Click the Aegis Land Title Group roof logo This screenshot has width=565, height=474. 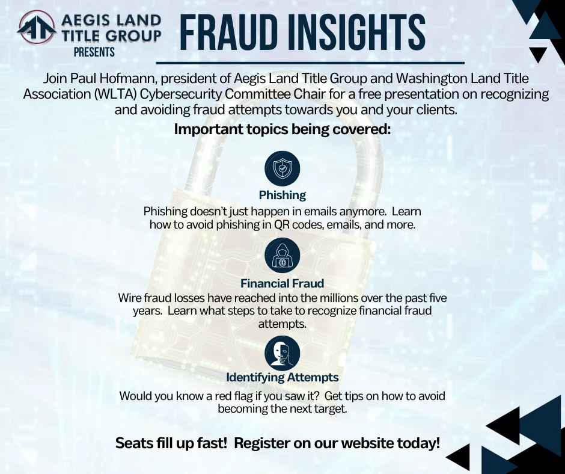click(37, 28)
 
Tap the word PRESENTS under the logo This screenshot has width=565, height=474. click(94, 52)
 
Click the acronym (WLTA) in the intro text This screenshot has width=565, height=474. click(115, 94)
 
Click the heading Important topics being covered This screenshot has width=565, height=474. click(282, 129)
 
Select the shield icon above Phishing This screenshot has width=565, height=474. click(282, 168)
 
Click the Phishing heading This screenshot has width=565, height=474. click(282, 195)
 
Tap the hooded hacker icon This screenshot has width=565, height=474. click(282, 256)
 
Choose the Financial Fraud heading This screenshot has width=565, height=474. click(282, 283)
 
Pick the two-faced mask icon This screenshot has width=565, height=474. click(282, 353)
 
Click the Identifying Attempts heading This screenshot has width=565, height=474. click(282, 377)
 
